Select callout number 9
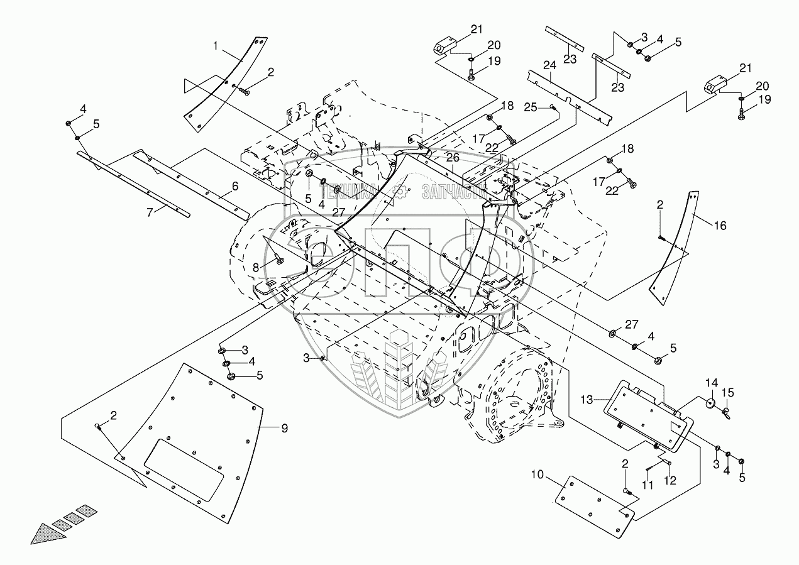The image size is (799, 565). pyautogui.click(x=284, y=429)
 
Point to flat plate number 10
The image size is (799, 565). pyautogui.click(x=594, y=507)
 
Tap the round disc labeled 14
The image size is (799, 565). pyautogui.click(x=711, y=403)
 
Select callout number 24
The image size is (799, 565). pyautogui.click(x=549, y=65)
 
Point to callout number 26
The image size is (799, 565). pyautogui.click(x=453, y=157)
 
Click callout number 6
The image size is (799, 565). pyautogui.click(x=234, y=186)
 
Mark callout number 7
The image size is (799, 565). pyautogui.click(x=150, y=212)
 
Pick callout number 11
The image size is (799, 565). pyautogui.click(x=648, y=485)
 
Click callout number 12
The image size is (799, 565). pyautogui.click(x=671, y=480)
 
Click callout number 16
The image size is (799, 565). pyautogui.click(x=720, y=226)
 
